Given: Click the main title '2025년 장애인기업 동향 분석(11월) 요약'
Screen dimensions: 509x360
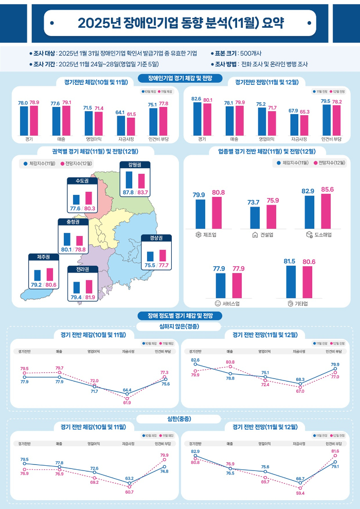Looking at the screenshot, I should tap(180, 23).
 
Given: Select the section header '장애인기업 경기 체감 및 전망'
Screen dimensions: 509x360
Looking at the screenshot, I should tap(180, 78).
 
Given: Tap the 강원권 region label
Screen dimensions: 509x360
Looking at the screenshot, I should tap(135, 165).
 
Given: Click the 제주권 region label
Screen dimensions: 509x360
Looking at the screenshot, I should tap(43, 257).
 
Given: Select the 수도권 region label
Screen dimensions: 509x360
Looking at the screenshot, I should tap(82, 181).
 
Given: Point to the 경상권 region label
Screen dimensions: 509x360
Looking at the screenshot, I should tap(156, 238).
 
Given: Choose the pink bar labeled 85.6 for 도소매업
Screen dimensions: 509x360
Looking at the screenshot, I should tap(326, 211).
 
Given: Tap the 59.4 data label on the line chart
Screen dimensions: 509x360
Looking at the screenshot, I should tap(300, 493).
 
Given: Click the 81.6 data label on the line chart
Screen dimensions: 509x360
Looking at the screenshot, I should tap(335, 451).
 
